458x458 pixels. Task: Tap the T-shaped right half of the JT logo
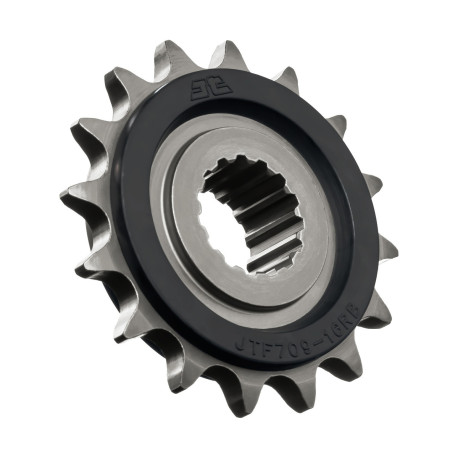coord(222,87)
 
